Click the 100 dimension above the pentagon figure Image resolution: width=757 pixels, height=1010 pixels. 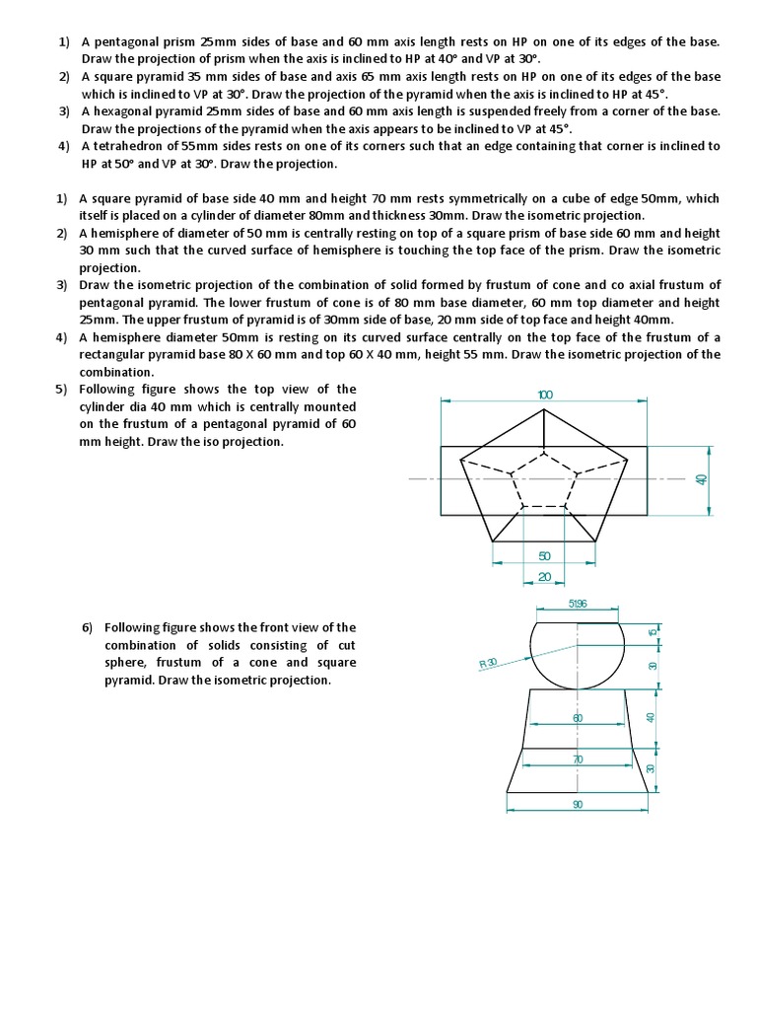pyautogui.click(x=545, y=395)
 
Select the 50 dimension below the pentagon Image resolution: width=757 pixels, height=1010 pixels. pyautogui.click(x=544, y=556)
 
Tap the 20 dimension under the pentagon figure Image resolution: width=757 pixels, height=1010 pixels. pyautogui.click(x=544, y=577)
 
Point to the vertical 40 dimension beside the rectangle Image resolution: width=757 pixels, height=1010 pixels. pyautogui.click(x=702, y=479)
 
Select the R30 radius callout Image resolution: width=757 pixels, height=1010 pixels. pyautogui.click(x=488, y=663)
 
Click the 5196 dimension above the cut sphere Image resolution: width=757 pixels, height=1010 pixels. pyautogui.click(x=578, y=604)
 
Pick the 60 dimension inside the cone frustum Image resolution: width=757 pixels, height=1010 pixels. pyautogui.click(x=579, y=718)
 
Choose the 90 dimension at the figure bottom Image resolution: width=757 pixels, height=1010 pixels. pyautogui.click(x=578, y=805)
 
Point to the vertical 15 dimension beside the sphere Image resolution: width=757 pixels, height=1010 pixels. pyautogui.click(x=652, y=631)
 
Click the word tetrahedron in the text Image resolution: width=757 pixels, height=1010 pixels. pyautogui.click(x=125, y=146)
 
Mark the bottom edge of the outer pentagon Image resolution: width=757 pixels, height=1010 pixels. pyautogui.click(x=544, y=541)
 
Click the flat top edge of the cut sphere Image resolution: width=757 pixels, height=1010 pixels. pyautogui.click(x=578, y=621)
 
